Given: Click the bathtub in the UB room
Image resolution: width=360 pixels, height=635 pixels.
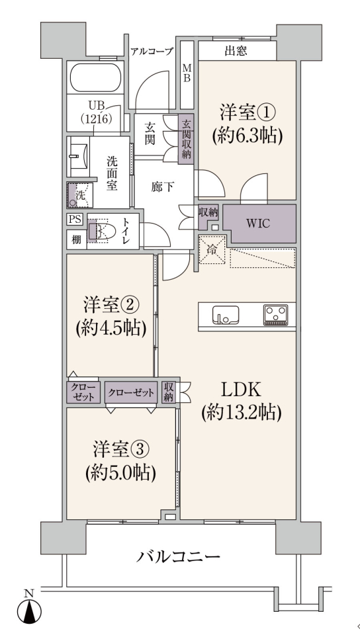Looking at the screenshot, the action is click(97, 78).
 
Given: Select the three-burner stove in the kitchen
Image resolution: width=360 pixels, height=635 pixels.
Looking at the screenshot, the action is click(276, 315).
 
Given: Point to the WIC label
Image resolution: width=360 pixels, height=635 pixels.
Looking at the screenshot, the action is click(258, 224).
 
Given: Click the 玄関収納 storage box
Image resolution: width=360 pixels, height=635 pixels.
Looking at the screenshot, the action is click(187, 140).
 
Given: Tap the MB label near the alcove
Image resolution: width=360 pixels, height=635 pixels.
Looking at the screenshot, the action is click(187, 72).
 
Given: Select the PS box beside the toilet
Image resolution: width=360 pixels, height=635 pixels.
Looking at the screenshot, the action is click(75, 220).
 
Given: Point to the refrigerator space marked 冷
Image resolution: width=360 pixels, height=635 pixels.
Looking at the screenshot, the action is click(211, 249).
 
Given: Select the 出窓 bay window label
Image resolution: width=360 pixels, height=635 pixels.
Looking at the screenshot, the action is click(236, 51).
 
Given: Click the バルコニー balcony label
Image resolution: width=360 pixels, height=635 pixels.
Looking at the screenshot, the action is click(178, 557).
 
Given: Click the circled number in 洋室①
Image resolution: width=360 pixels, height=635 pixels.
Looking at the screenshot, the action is click(265, 112).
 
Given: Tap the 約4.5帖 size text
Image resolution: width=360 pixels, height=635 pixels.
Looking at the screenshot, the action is click(111, 329).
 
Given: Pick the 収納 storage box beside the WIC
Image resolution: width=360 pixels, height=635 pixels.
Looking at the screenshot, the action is click(208, 212).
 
